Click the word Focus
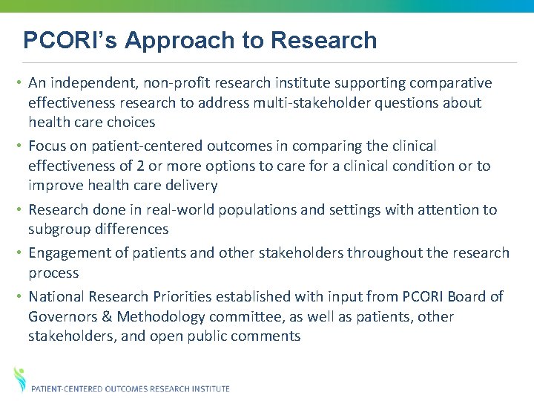point(49,146)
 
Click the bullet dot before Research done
point(20,210)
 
